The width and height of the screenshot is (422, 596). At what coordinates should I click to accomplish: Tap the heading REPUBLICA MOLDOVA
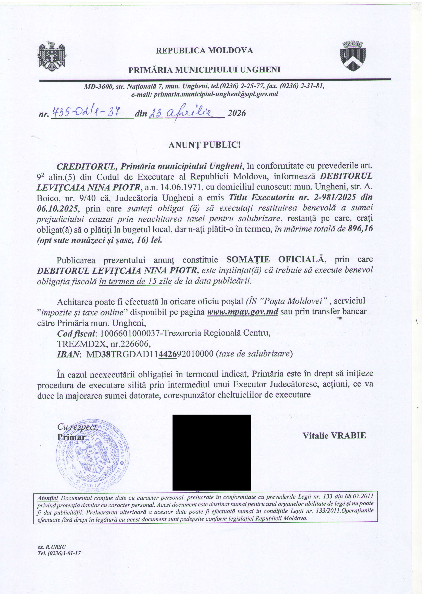tap(204, 50)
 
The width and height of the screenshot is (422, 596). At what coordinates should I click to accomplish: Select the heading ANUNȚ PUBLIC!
tap(204, 145)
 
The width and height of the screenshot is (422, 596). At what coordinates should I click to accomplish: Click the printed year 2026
tap(237, 113)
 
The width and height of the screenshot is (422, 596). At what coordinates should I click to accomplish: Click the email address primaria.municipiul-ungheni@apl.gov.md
tap(216, 94)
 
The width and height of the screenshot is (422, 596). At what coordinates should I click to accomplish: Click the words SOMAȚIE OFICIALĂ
tap(276, 259)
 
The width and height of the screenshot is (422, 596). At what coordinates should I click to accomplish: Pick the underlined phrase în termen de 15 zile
tap(135, 281)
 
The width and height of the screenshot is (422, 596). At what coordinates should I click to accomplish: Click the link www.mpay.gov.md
tap(243, 311)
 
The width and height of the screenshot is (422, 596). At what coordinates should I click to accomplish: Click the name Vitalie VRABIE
tap(334, 435)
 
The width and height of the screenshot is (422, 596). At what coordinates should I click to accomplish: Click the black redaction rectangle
tap(212, 452)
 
